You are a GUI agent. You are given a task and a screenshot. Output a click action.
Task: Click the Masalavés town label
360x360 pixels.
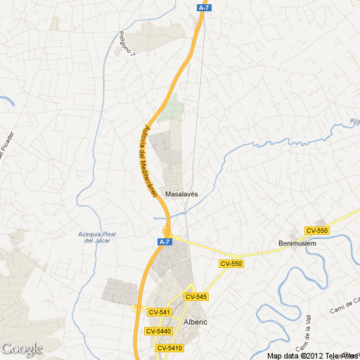181,193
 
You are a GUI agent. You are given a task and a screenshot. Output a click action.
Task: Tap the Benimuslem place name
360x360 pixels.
298,245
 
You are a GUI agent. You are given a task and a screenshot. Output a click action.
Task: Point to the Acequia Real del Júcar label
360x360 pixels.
99,237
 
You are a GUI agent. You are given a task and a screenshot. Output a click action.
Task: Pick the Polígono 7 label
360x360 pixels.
127,43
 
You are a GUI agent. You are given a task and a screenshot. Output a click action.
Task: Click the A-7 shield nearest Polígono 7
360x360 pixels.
203,7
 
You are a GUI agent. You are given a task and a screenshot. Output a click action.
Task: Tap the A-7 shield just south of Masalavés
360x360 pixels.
164,242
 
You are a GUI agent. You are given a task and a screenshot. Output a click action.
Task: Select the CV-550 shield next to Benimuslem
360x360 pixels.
317,231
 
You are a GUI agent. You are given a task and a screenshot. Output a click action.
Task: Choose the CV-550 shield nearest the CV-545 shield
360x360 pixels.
231,264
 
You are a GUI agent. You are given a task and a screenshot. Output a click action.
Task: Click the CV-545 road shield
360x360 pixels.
197,297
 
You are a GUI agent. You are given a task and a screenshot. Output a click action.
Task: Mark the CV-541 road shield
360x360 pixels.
160,312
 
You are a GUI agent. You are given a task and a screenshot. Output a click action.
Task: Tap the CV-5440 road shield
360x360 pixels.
158,331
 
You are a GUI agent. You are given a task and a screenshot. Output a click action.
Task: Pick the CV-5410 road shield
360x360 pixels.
169,348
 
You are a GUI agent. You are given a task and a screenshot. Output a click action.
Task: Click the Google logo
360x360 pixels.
22,348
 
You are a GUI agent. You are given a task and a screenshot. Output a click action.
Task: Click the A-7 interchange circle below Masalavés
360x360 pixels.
167,231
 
